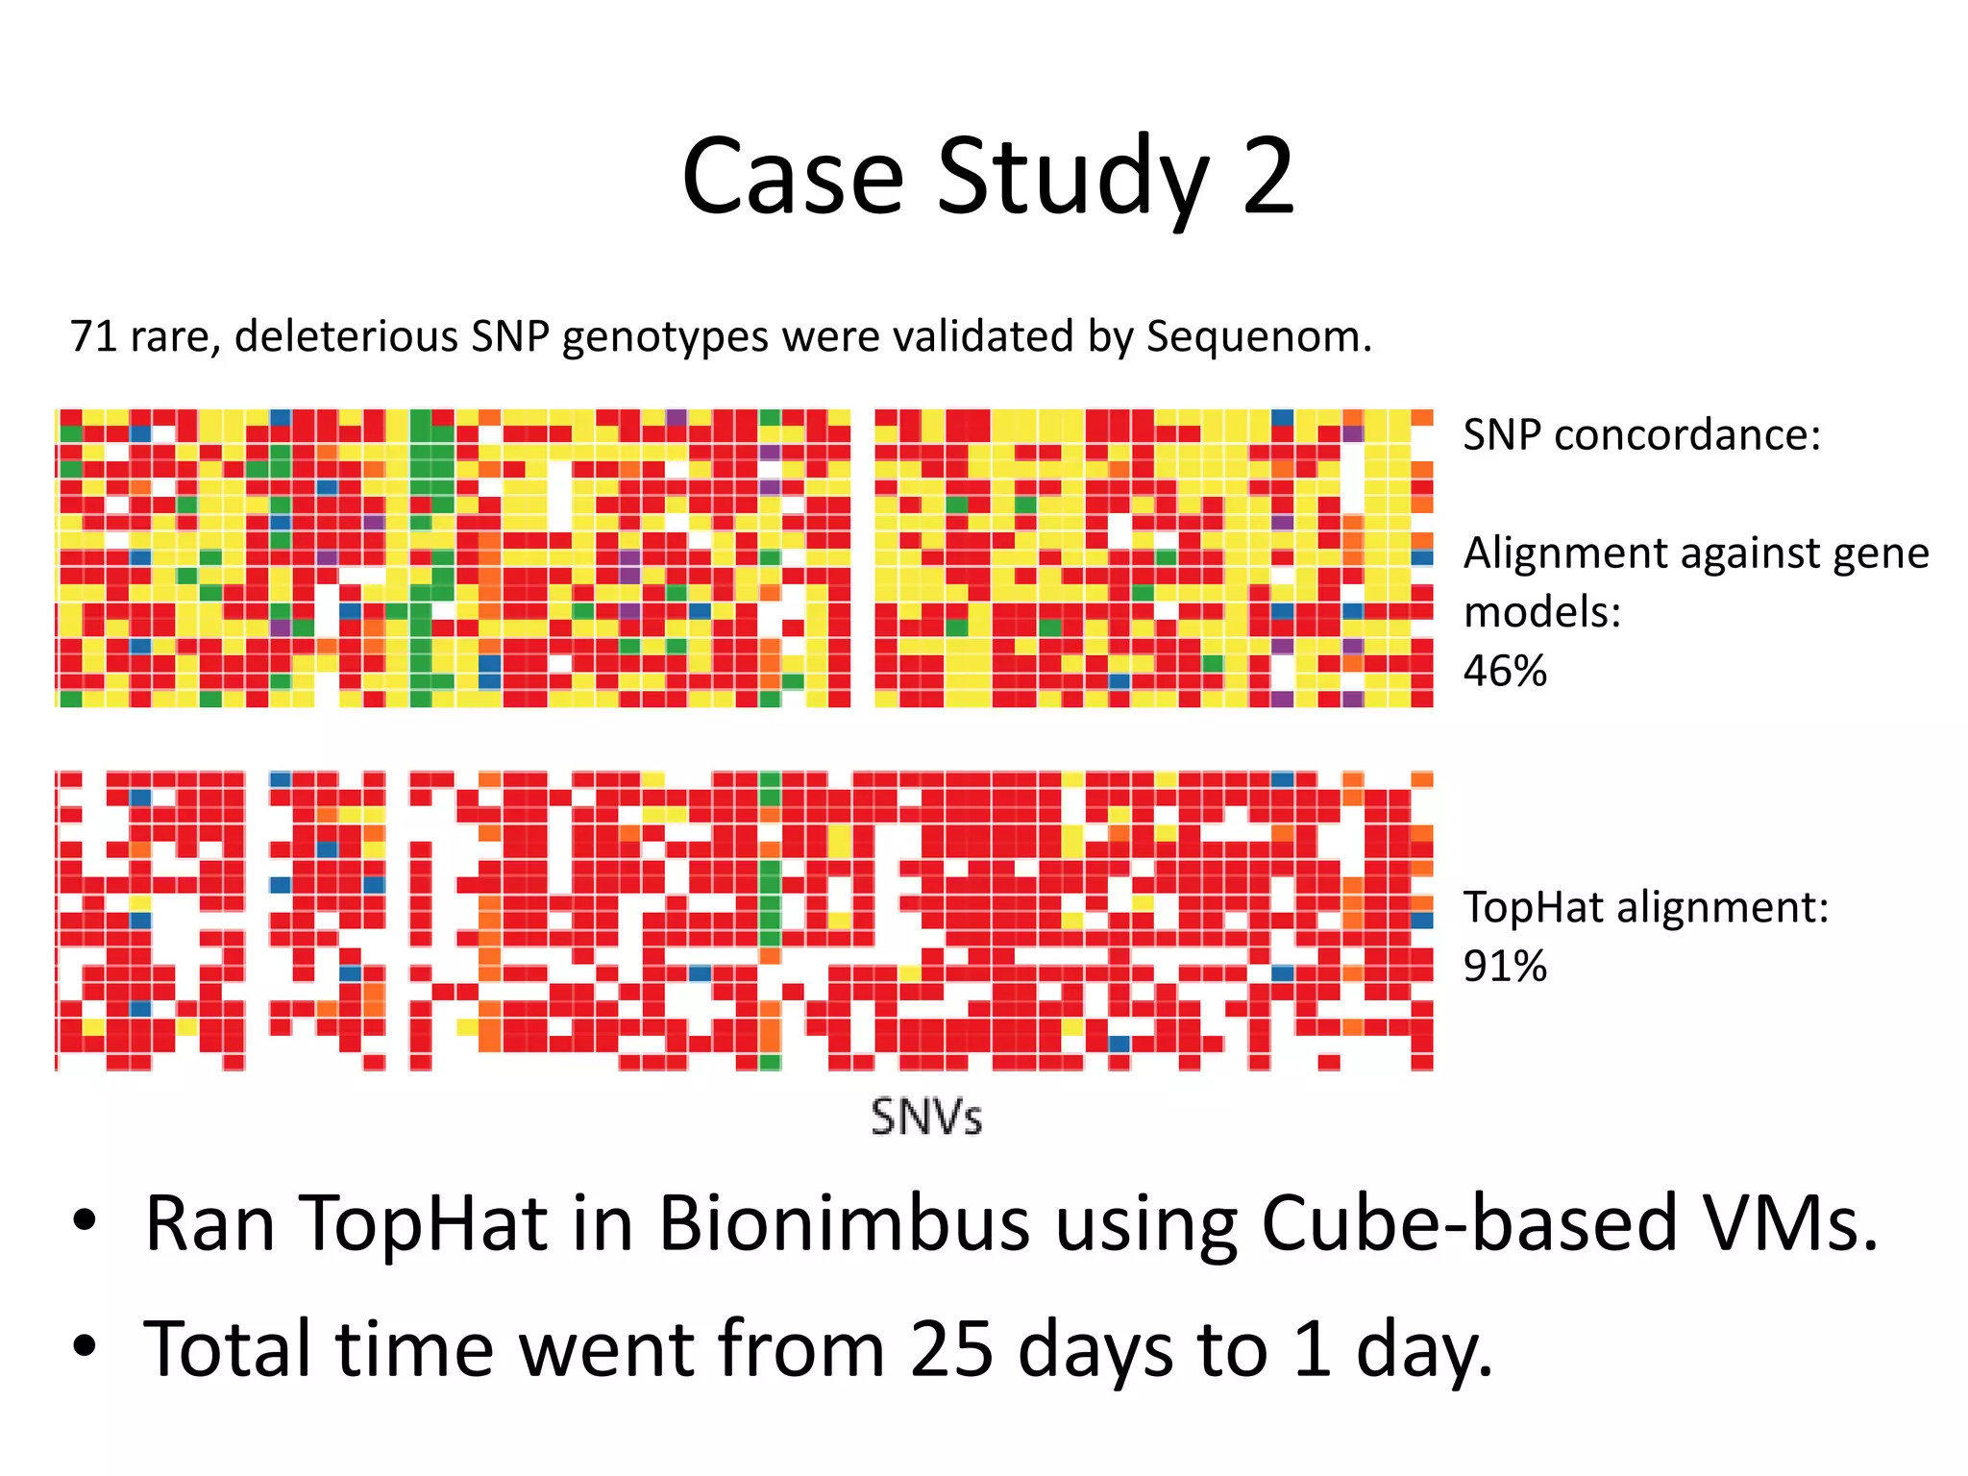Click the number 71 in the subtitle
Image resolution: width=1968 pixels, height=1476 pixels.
pyautogui.click(x=94, y=336)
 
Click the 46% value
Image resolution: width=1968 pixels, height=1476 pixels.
pyautogui.click(x=1505, y=671)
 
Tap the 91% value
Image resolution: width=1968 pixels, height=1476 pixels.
pyautogui.click(x=1505, y=966)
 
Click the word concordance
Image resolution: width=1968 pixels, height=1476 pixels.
pyautogui.click(x=1686, y=434)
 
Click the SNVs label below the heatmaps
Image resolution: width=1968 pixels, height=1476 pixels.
pyautogui.click(x=926, y=1118)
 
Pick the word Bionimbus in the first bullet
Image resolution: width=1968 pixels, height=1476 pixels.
pyautogui.click(x=844, y=1223)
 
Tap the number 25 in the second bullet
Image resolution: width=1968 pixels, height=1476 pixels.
pyautogui.click(x=951, y=1349)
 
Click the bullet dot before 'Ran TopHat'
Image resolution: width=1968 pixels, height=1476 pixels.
pyautogui.click(x=85, y=1221)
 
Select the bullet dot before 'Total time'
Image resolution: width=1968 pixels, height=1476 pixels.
pyautogui.click(x=85, y=1346)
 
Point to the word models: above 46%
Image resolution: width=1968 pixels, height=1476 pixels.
pyautogui.click(x=1541, y=612)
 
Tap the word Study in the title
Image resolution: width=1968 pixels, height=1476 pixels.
pyautogui.click(x=1071, y=179)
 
